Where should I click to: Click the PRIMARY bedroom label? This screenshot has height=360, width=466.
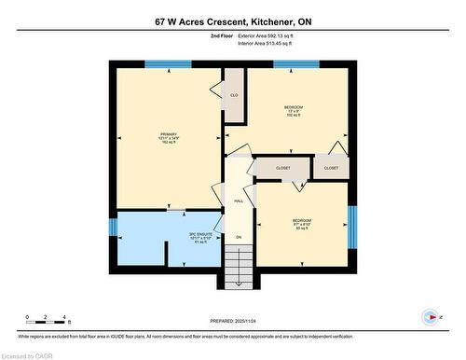tap(168, 139)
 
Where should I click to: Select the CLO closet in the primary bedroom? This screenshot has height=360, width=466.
tap(234, 96)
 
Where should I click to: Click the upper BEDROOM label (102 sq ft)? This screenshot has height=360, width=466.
tap(294, 112)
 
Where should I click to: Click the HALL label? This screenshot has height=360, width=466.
tap(239, 201)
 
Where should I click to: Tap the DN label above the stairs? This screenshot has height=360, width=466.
tap(239, 238)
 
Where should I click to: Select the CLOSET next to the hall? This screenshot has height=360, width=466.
tap(282, 168)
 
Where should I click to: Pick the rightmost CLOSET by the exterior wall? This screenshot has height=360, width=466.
tap(331, 168)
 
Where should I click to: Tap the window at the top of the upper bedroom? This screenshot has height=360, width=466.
tap(295, 64)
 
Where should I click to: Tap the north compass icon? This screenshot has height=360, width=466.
tap(430, 316)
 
